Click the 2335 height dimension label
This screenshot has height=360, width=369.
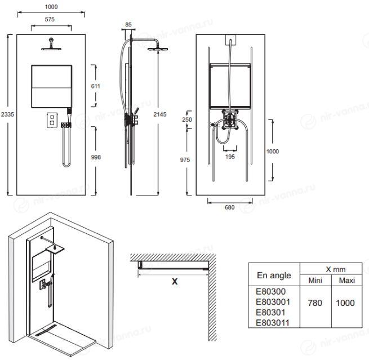[7, 114]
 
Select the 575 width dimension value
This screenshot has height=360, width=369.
[50, 19]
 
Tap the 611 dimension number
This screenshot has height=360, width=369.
[96, 86]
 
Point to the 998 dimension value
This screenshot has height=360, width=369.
[96, 157]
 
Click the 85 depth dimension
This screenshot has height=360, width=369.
[128, 24]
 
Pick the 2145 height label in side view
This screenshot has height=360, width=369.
[160, 114]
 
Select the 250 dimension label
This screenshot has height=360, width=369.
[187, 119]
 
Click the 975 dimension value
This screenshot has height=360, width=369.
[185, 160]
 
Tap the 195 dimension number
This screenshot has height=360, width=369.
[230, 157]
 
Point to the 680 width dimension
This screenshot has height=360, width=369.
[230, 207]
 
